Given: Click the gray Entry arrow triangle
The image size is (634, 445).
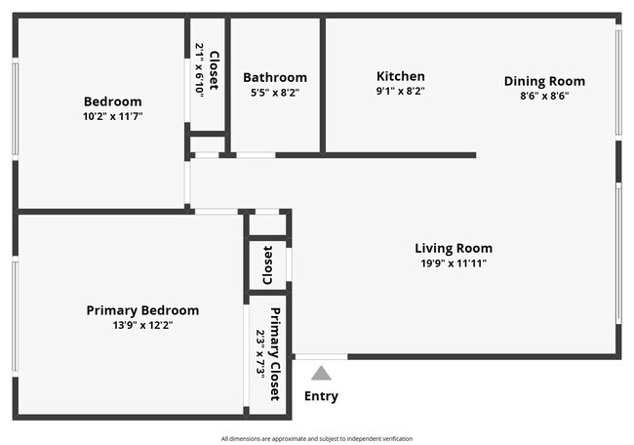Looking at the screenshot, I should [321, 373].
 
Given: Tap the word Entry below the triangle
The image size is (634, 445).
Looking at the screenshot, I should [321, 396].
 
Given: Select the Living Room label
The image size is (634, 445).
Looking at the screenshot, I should [454, 248].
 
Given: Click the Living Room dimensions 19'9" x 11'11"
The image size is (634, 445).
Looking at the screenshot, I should [454, 263].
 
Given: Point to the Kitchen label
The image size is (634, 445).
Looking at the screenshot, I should [400, 76].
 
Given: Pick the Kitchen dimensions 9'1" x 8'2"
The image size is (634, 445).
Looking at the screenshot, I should [400, 91].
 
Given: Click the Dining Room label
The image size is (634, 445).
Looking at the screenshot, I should [544, 81].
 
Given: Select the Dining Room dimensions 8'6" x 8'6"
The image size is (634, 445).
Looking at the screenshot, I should [544, 96].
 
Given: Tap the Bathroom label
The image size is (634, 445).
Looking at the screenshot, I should [275, 77].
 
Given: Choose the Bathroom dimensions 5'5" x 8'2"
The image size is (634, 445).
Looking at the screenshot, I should [275, 93].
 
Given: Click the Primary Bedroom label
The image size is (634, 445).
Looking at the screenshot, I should [142, 310].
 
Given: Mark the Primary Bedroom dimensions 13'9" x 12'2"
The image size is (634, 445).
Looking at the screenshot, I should [142, 325].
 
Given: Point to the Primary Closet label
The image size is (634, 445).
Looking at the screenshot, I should [276, 354].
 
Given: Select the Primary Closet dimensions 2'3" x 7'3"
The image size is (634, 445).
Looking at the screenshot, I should [261, 354].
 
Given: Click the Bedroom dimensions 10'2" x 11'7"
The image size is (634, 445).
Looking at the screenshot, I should [112, 116].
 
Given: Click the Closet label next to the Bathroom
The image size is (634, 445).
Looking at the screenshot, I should [214, 69].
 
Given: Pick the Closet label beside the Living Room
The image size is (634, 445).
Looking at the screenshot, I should [267, 263].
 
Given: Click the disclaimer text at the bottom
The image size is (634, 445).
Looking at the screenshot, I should [316, 438].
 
